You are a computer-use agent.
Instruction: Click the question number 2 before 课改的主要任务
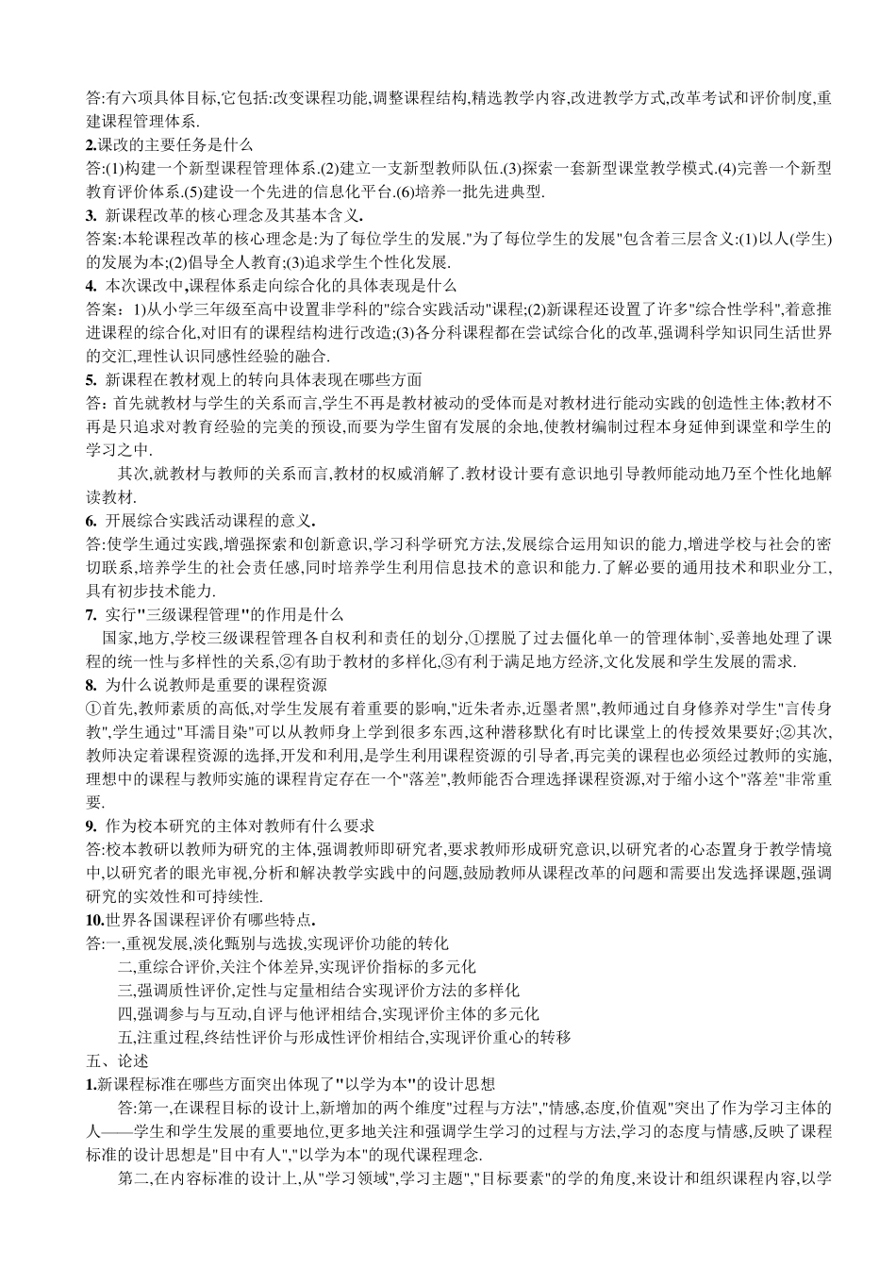click(x=90, y=144)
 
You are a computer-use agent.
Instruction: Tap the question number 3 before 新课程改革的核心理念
click(x=90, y=214)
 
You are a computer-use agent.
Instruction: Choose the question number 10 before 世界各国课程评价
click(x=92, y=919)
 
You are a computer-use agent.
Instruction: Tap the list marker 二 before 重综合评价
click(x=124, y=966)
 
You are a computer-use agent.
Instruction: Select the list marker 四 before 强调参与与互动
click(x=124, y=1013)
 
